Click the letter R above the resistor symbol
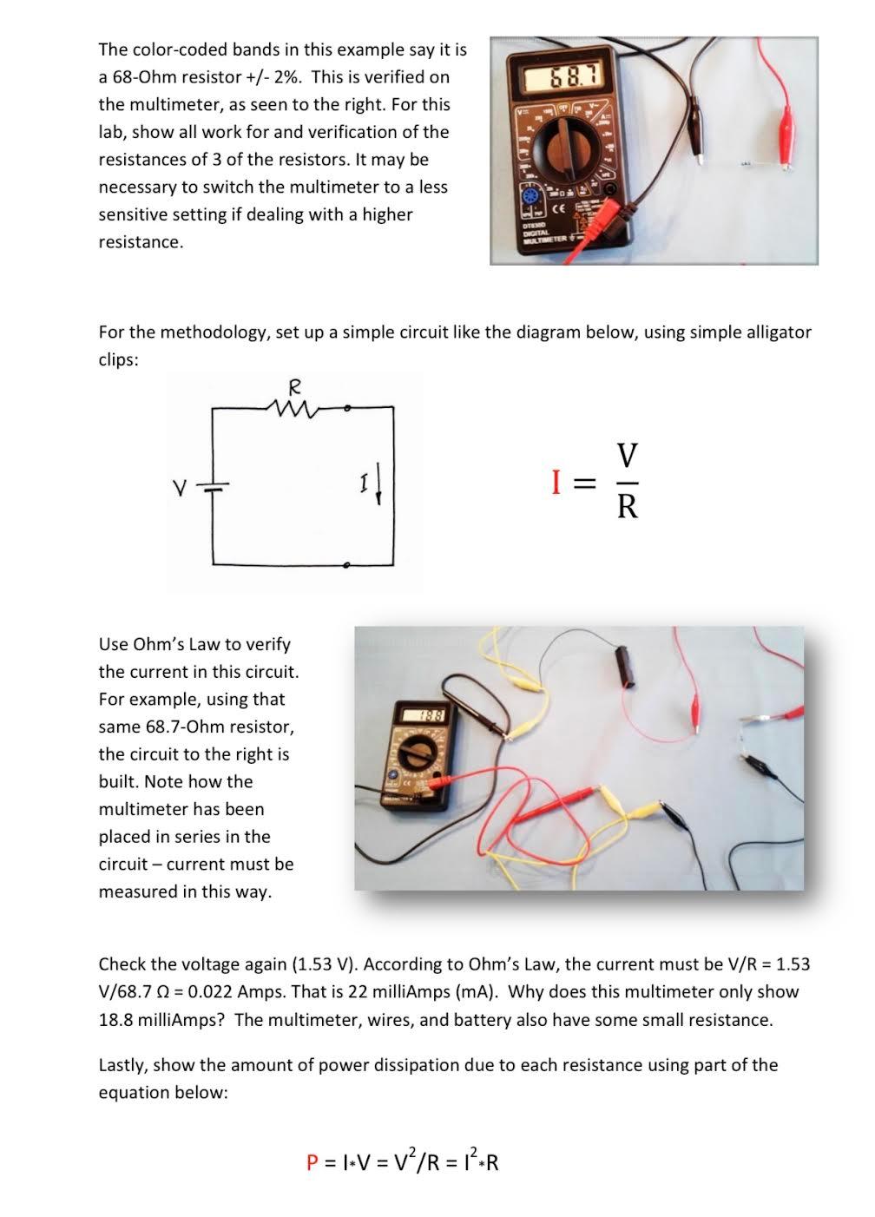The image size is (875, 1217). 294,385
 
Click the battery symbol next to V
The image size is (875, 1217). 215,488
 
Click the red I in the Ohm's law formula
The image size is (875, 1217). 556,482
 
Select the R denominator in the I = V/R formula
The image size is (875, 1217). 628,507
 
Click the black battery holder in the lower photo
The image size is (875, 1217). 623,665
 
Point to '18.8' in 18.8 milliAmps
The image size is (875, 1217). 115,1020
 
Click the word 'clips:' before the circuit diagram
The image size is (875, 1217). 118,360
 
